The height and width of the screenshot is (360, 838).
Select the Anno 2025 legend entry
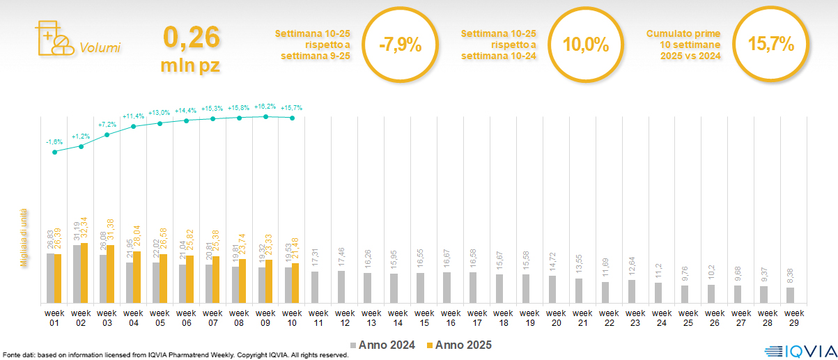(459, 345)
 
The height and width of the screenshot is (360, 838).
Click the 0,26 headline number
(191, 37)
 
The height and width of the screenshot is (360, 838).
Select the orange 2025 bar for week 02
(84, 274)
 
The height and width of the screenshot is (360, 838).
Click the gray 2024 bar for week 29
(790, 295)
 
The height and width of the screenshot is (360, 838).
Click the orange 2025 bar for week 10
(295, 283)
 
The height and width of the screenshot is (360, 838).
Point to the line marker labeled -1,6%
(54, 151)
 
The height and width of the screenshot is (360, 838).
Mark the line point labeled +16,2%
(266, 116)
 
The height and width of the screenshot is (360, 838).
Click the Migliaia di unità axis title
(24, 237)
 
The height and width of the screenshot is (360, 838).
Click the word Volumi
(100, 48)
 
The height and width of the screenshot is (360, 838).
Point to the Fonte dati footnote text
(175, 355)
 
